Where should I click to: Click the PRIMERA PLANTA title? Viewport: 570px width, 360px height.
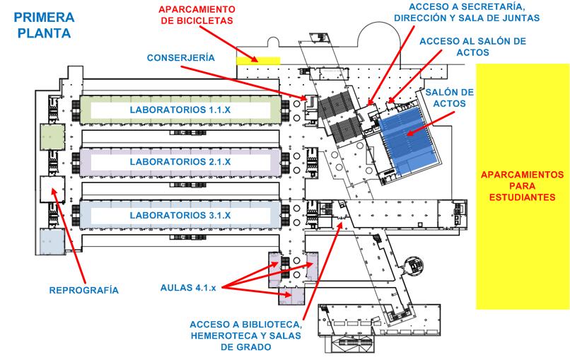44,25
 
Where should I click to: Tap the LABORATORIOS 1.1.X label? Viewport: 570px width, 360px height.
180,110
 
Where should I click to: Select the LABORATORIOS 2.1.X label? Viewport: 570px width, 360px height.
180,162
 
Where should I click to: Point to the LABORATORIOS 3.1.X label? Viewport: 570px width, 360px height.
180,215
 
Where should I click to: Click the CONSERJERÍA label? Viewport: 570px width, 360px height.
180,58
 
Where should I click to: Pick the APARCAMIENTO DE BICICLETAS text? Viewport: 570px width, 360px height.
197,15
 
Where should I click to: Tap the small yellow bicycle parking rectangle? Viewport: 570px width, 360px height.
258,61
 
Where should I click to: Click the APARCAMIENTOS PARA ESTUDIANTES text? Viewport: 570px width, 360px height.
522,186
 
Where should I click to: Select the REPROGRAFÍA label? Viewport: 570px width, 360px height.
83,290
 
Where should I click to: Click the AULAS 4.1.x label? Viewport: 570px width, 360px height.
188,288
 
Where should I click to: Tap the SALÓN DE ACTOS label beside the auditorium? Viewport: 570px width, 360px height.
449,98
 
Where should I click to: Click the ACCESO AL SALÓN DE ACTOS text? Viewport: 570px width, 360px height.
472,47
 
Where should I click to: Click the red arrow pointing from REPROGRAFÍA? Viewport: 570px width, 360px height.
69,236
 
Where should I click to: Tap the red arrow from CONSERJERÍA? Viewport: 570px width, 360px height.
244,83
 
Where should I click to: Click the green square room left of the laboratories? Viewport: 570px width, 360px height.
53,137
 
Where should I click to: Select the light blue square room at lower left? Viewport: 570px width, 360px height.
52,241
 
